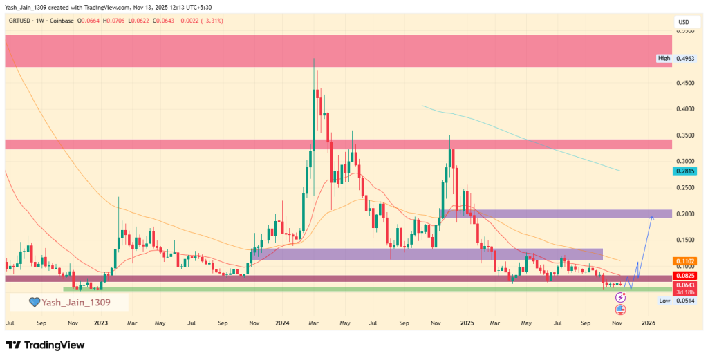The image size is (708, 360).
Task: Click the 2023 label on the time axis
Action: (101, 323)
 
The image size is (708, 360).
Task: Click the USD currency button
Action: (683, 22)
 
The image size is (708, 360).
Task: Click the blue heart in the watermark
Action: (32, 302)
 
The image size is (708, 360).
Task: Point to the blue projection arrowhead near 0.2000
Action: (651, 217)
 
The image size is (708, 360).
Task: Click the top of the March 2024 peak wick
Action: (314, 58)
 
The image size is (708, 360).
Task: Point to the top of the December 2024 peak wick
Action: (449, 136)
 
